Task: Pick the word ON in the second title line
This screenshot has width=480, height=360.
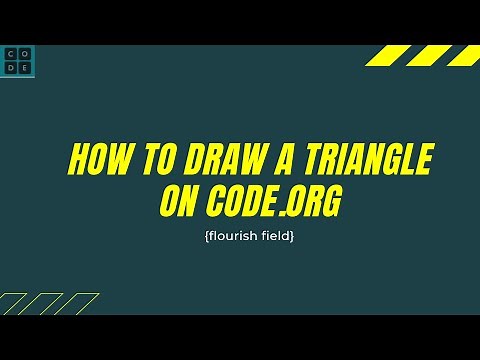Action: point(180,203)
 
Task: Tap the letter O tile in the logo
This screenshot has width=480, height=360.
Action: point(25,54)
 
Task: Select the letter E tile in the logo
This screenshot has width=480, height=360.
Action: point(25,67)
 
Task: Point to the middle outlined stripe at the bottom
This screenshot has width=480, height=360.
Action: point(47,304)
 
